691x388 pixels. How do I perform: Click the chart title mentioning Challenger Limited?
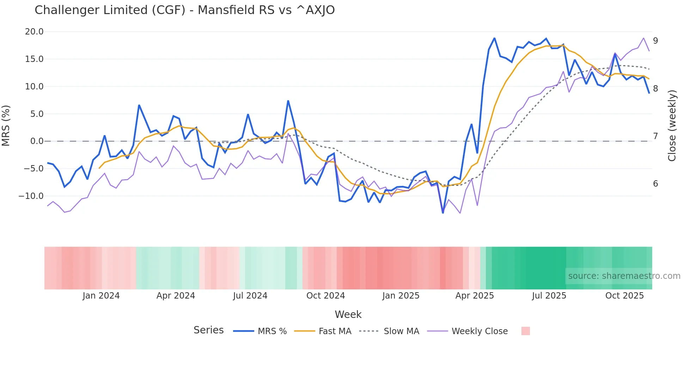(x=184, y=10)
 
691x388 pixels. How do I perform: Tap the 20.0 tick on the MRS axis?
(x=34, y=32)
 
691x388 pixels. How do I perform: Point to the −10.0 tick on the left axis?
(x=31, y=196)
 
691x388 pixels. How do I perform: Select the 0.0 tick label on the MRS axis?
(x=37, y=141)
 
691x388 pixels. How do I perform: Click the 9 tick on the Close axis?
(x=655, y=41)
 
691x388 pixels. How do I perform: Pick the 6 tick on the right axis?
(x=655, y=184)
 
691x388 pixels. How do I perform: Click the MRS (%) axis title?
(x=6, y=125)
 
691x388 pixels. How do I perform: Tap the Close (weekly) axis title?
(x=672, y=126)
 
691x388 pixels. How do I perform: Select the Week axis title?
(x=348, y=314)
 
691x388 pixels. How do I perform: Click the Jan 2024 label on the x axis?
(x=101, y=296)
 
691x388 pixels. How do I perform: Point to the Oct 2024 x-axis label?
(x=325, y=296)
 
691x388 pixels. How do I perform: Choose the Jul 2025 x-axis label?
(x=549, y=296)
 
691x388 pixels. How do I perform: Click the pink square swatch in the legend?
(x=525, y=331)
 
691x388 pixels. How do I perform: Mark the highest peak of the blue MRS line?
(x=494, y=38)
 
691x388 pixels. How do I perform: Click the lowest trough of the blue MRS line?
(x=443, y=213)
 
